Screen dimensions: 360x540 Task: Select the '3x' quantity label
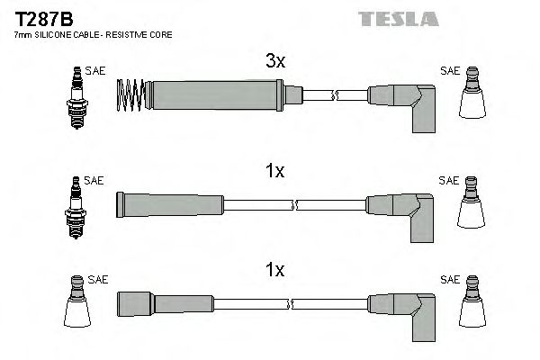pos(275,62)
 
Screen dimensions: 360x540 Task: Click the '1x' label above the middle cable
pos(274,170)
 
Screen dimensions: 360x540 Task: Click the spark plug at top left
pos(75,99)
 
